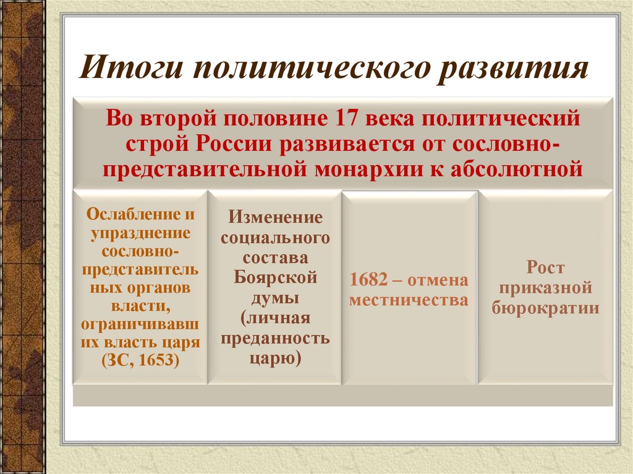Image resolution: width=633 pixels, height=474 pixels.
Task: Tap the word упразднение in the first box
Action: (141, 234)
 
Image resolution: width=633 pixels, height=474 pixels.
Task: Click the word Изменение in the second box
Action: (276, 218)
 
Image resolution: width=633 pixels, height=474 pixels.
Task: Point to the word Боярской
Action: (276, 277)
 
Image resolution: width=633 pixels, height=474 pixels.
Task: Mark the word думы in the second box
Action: (276, 297)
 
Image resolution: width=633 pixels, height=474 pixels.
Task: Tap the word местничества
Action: (409, 300)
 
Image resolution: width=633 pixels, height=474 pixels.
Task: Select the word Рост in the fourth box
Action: (546, 268)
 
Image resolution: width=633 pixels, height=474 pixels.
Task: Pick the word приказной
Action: (546, 287)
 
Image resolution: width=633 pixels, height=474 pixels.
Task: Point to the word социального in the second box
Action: (276, 237)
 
